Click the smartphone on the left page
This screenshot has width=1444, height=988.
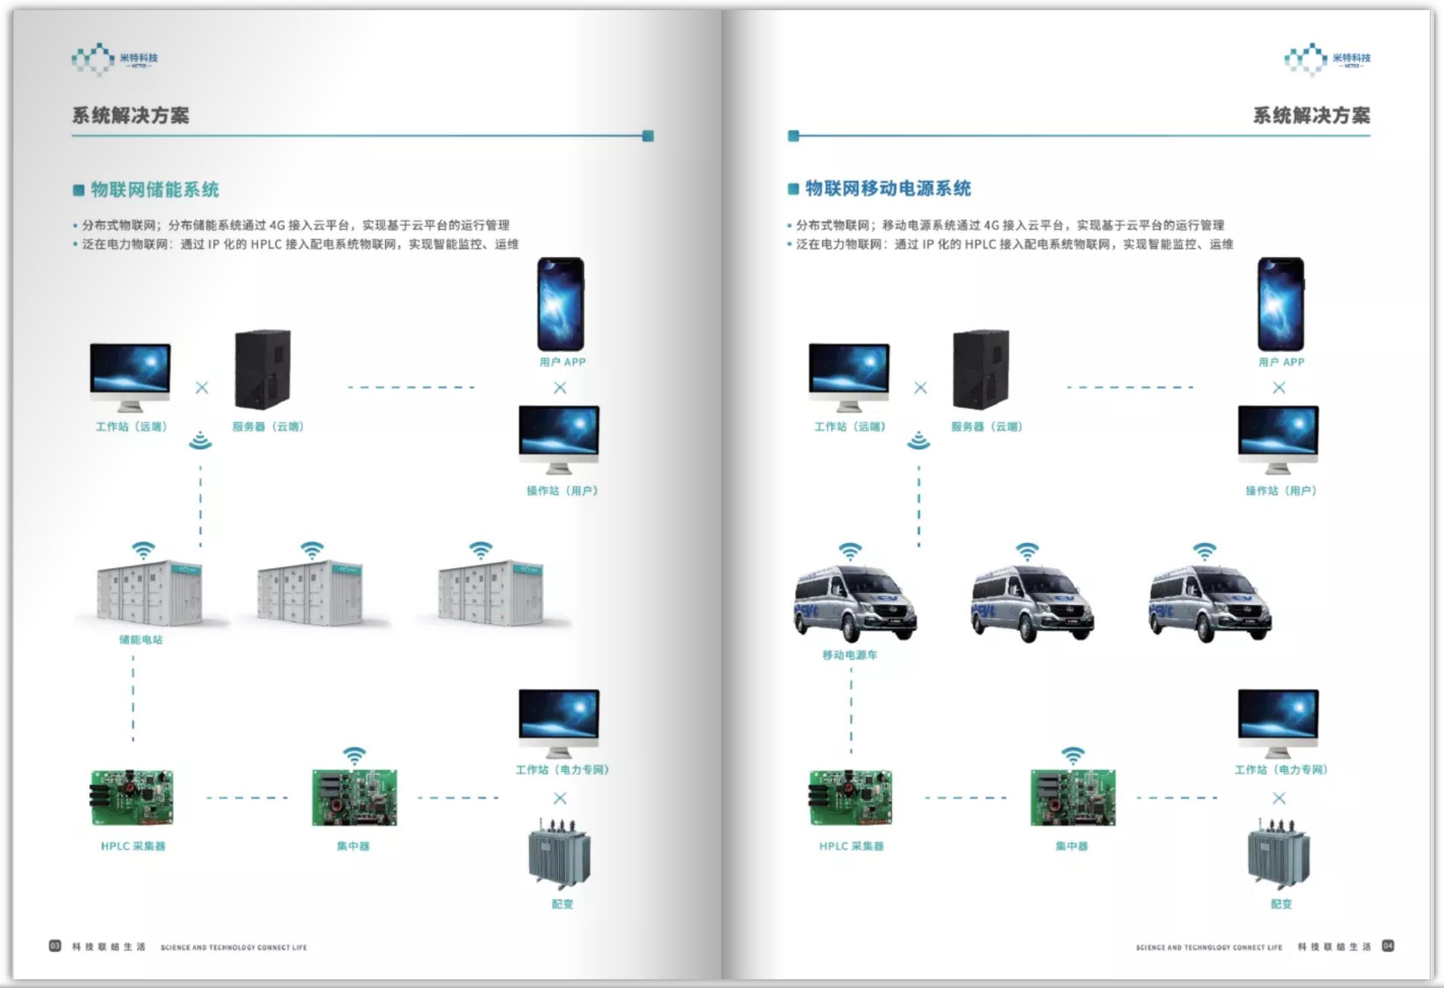click(560, 304)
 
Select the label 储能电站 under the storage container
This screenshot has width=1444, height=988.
click(141, 640)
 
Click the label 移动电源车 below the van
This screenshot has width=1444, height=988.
click(849, 655)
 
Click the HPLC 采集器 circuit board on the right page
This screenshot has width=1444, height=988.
click(851, 798)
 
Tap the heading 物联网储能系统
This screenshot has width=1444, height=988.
click(154, 190)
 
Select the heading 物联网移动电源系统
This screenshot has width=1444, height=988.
click(887, 189)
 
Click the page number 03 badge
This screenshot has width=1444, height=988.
click(55, 946)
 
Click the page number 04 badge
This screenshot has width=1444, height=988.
click(1387, 946)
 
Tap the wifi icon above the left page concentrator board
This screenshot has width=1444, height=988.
click(354, 755)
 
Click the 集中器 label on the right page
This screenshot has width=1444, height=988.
click(1071, 846)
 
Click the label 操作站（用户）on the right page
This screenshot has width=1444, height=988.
click(1281, 491)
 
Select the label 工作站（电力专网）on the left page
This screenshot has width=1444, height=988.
click(562, 770)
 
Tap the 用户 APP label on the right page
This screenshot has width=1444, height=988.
click(1281, 362)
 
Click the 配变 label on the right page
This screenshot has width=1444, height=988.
click(1281, 904)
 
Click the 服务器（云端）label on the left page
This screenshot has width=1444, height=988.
click(268, 427)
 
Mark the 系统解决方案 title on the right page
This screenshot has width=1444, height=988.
click(1311, 116)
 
